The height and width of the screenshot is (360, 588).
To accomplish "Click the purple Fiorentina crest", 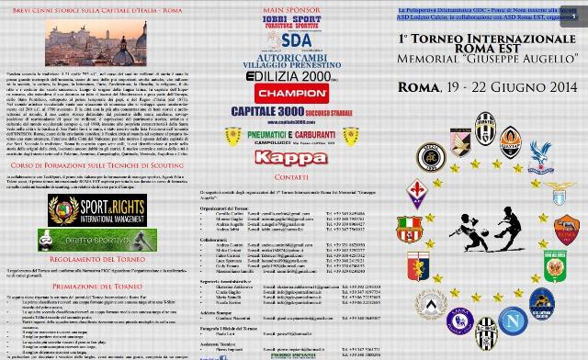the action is (x=419, y=194).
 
